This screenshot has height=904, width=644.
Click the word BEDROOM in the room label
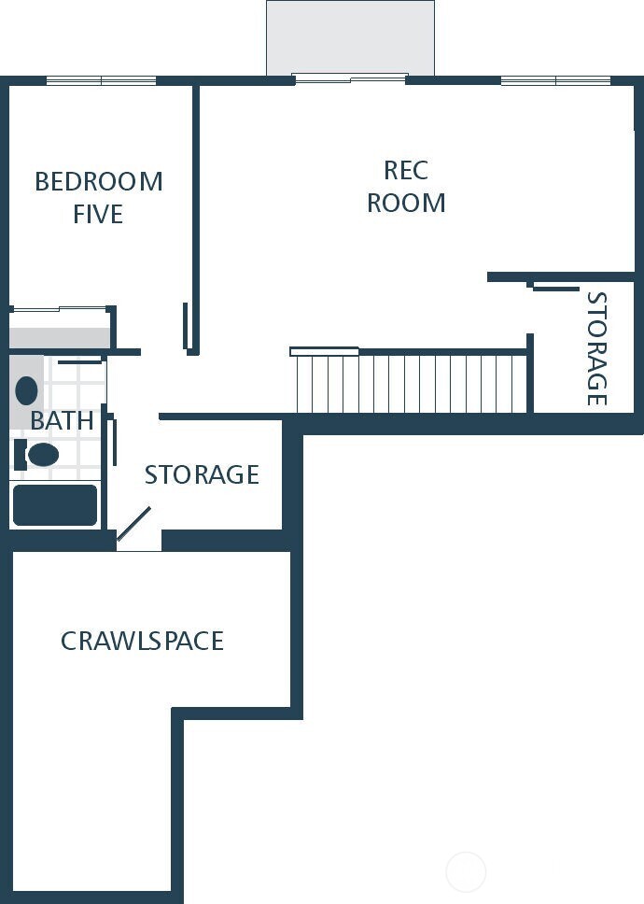99,181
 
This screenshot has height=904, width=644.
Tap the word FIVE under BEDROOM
98,215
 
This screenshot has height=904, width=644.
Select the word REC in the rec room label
406,170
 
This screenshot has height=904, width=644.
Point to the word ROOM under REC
406,203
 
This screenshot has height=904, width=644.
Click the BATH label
62,421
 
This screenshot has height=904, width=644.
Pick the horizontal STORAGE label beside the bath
202,474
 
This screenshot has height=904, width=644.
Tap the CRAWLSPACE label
142,641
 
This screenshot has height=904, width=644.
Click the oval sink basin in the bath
27,390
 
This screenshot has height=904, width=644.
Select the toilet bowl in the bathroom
43,455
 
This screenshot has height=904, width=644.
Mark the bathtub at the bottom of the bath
55,505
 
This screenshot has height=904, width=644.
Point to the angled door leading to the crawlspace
133,524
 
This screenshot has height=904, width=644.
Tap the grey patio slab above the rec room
350,37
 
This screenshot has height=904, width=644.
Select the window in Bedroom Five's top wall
101,81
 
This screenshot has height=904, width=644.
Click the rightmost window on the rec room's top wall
555,81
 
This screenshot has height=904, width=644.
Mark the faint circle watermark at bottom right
466,872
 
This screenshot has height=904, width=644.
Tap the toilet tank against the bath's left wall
20,454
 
